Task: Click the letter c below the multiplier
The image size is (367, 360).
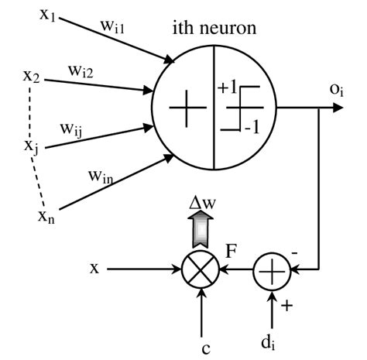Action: click(x=205, y=347)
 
